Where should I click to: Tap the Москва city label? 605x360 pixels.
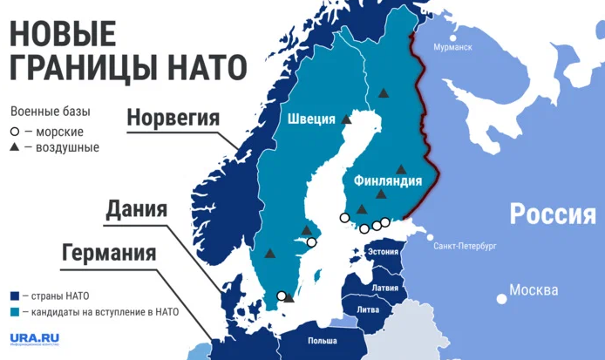point(534,289)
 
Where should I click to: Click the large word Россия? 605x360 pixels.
point(552,214)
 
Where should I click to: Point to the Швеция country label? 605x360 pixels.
point(311,119)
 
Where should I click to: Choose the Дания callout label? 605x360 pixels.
point(136,209)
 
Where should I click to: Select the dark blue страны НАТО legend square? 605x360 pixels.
point(15,295)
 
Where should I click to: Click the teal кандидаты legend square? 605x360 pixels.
point(15,311)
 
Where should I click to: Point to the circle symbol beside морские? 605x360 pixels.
point(15,132)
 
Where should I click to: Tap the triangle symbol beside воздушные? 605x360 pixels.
point(15,147)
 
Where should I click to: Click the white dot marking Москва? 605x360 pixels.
point(500,298)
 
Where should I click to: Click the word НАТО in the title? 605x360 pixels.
point(194,66)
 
